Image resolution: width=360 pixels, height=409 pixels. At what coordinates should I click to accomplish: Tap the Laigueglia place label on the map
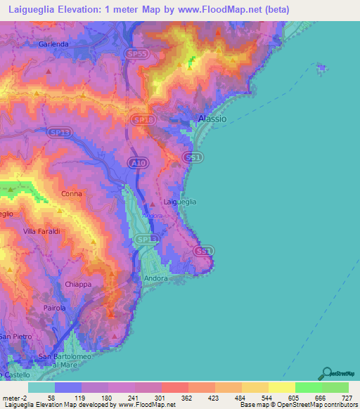point(179,202)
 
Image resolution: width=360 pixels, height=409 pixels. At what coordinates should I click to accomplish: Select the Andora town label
point(156,278)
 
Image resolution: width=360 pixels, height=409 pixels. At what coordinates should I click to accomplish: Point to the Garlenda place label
point(53,44)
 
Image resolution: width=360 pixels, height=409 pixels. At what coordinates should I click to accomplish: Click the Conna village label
point(71,194)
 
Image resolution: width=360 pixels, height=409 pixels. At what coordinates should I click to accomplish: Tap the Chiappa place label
point(78,284)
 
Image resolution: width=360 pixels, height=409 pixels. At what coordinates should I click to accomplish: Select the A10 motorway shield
point(138,163)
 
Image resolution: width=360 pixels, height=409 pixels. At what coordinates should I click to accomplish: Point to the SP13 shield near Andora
point(145,240)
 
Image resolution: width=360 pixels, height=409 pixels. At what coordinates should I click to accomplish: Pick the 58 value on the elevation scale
point(51,398)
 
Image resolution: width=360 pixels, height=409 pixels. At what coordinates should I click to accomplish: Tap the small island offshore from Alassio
point(321,68)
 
